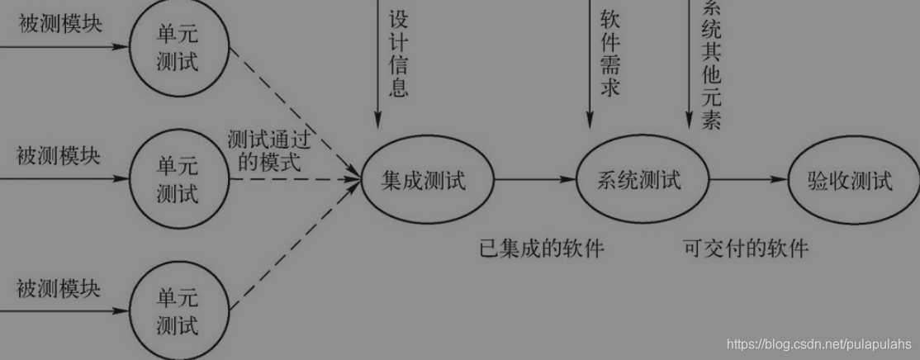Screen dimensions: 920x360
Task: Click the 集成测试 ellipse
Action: (427, 178)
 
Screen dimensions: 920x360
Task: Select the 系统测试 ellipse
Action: (642, 178)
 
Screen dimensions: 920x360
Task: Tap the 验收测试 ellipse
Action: (851, 179)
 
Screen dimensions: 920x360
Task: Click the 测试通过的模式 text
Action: (269, 151)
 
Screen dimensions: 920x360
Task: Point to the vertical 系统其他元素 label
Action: (710, 62)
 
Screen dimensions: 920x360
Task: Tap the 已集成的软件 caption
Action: (541, 248)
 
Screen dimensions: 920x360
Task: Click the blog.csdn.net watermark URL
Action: (818, 343)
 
